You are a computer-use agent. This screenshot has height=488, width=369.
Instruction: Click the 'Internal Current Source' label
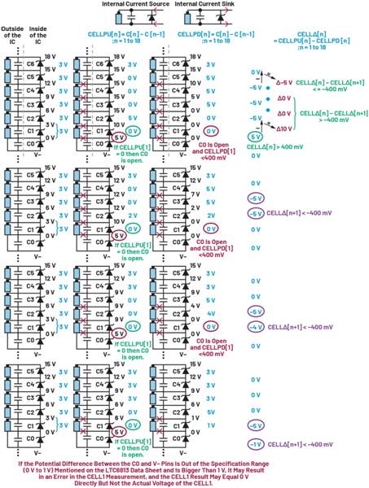coord(134,5)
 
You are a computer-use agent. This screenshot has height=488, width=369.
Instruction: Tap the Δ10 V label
coord(284,129)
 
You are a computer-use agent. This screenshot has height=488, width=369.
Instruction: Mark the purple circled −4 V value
coord(256,327)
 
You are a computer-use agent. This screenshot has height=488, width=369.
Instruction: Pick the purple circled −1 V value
coord(256,443)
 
